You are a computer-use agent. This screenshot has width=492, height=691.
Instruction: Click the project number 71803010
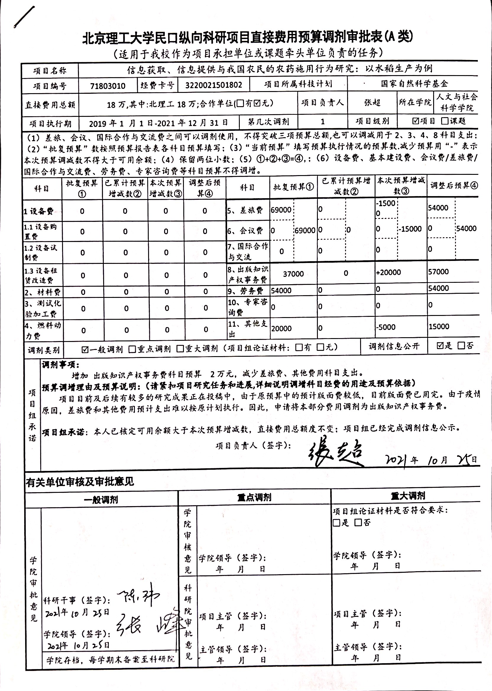(x=108, y=86)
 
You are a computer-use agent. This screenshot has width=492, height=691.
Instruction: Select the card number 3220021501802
(x=213, y=85)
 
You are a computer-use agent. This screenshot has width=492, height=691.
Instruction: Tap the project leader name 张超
(x=372, y=102)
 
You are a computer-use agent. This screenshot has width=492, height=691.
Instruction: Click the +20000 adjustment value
(x=389, y=272)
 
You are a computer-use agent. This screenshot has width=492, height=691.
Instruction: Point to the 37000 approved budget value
(x=293, y=274)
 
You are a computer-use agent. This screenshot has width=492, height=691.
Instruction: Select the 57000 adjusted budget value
(x=438, y=272)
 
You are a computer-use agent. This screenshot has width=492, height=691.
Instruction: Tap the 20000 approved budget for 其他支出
(x=281, y=329)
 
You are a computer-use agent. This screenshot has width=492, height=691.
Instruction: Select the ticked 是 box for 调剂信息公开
(x=440, y=346)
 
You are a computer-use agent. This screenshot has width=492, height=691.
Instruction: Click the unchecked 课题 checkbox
(x=445, y=121)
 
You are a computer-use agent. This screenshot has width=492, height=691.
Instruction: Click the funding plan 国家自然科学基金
(x=414, y=84)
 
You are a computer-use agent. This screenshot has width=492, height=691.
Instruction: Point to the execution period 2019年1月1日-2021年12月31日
(x=158, y=123)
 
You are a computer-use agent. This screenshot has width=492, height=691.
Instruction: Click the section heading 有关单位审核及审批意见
(x=80, y=482)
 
